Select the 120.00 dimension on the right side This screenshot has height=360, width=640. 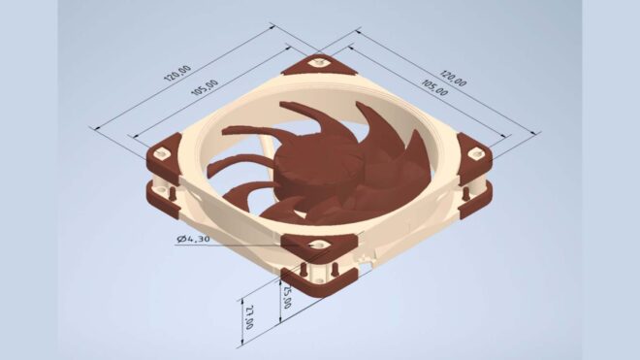coord(452,77)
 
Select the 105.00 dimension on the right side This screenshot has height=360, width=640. coord(434,88)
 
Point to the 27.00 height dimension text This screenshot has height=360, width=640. coord(249,315)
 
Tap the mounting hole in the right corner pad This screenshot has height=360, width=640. coord(475,151)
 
